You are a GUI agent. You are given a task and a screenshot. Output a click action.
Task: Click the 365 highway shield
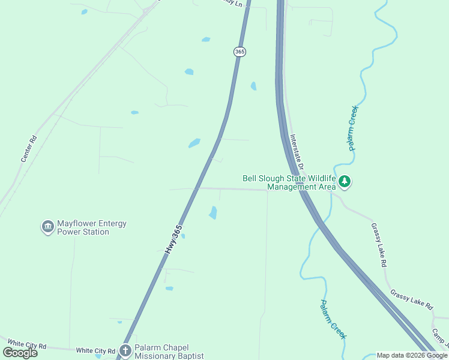(x=240, y=52)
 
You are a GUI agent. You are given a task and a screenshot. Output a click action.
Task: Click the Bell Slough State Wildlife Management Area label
(x=289, y=182)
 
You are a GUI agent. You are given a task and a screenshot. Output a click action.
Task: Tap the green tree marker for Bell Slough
(x=345, y=181)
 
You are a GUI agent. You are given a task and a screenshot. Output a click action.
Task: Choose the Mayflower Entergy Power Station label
(x=91, y=227)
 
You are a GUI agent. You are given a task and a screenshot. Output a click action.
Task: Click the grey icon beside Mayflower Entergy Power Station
(x=47, y=227)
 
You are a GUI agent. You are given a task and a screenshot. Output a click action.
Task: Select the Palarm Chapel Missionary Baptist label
(x=169, y=352)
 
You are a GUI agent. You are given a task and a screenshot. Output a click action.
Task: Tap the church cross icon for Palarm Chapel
(x=125, y=350)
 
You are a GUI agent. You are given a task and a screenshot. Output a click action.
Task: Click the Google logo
(x=20, y=352)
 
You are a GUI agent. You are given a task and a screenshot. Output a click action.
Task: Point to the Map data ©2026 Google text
(x=412, y=355)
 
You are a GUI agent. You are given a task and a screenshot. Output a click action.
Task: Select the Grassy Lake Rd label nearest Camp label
(x=411, y=299)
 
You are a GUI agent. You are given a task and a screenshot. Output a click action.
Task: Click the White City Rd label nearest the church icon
(x=95, y=350)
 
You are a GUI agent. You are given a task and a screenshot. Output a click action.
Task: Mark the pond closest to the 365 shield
(x=206, y=40)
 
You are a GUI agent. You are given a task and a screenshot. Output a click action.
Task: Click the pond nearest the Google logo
(x=98, y=356)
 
